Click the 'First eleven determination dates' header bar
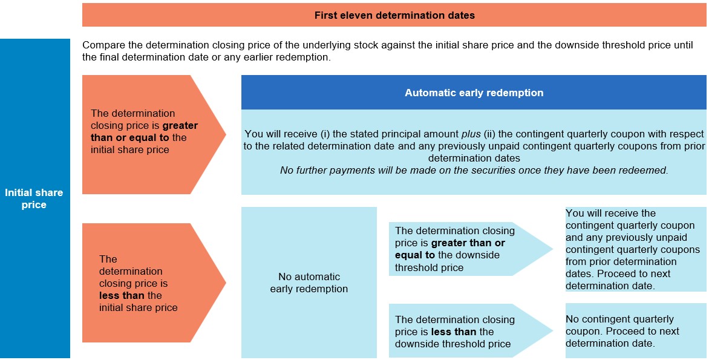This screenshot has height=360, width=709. [x=394, y=15]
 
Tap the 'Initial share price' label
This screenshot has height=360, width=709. [x=34, y=198]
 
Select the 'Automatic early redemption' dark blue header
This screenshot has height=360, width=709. [x=474, y=93]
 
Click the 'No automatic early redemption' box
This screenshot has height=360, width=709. [x=309, y=283]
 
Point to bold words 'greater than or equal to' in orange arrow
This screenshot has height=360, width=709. [x=144, y=131]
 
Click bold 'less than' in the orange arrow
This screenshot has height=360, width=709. [x=120, y=296]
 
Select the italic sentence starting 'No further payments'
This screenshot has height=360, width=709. [x=474, y=170]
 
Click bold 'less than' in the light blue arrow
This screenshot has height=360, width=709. [x=453, y=332]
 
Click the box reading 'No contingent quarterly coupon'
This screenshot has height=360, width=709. [x=636, y=330]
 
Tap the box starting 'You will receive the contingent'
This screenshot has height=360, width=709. [x=636, y=249]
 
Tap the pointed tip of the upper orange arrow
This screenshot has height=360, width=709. [x=226, y=134]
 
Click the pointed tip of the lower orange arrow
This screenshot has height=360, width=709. [x=226, y=283]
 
